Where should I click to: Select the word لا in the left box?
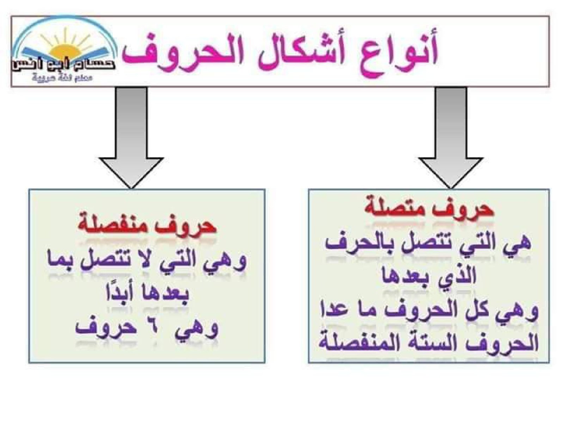pyautogui.click(x=146, y=263)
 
